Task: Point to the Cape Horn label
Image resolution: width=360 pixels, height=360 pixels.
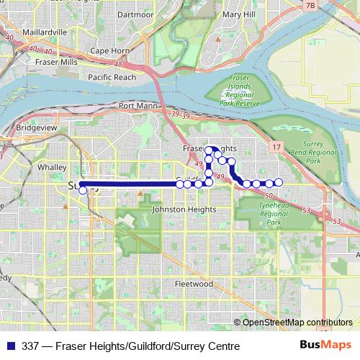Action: tap(108, 51)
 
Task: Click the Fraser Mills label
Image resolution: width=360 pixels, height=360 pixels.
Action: tap(56, 63)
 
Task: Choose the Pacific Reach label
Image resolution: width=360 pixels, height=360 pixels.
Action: tap(112, 76)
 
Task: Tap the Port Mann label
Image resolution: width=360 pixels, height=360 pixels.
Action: tap(137, 106)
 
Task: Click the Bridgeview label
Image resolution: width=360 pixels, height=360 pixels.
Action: tap(37, 127)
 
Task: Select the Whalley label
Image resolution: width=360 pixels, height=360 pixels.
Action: tap(52, 166)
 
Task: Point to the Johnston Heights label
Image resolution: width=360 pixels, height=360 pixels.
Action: tap(184, 210)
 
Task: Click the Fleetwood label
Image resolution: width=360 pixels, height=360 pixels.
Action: tap(194, 284)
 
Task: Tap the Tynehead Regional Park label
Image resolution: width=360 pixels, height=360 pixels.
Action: tap(274, 215)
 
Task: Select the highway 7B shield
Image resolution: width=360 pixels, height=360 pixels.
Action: tap(310, 6)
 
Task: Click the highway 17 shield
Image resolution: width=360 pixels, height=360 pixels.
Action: tap(277, 147)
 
